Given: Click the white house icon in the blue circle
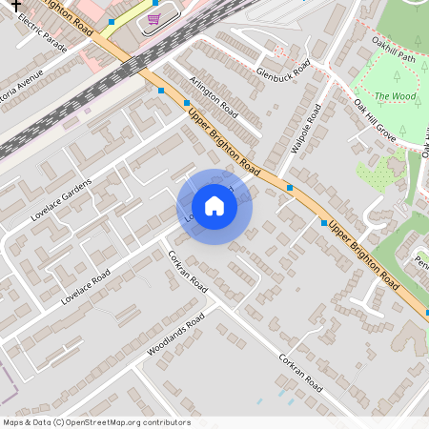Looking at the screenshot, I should pyautogui.click(x=214, y=206).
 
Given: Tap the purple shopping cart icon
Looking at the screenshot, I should pyautogui.click(x=153, y=19).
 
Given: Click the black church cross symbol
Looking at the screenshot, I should pyautogui.click(x=14, y=4).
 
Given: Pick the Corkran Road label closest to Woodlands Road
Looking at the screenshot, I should pyautogui.click(x=187, y=271).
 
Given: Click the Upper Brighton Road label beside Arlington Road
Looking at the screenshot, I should pyautogui.click(x=225, y=140).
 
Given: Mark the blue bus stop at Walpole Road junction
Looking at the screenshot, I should pyautogui.click(x=290, y=188).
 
